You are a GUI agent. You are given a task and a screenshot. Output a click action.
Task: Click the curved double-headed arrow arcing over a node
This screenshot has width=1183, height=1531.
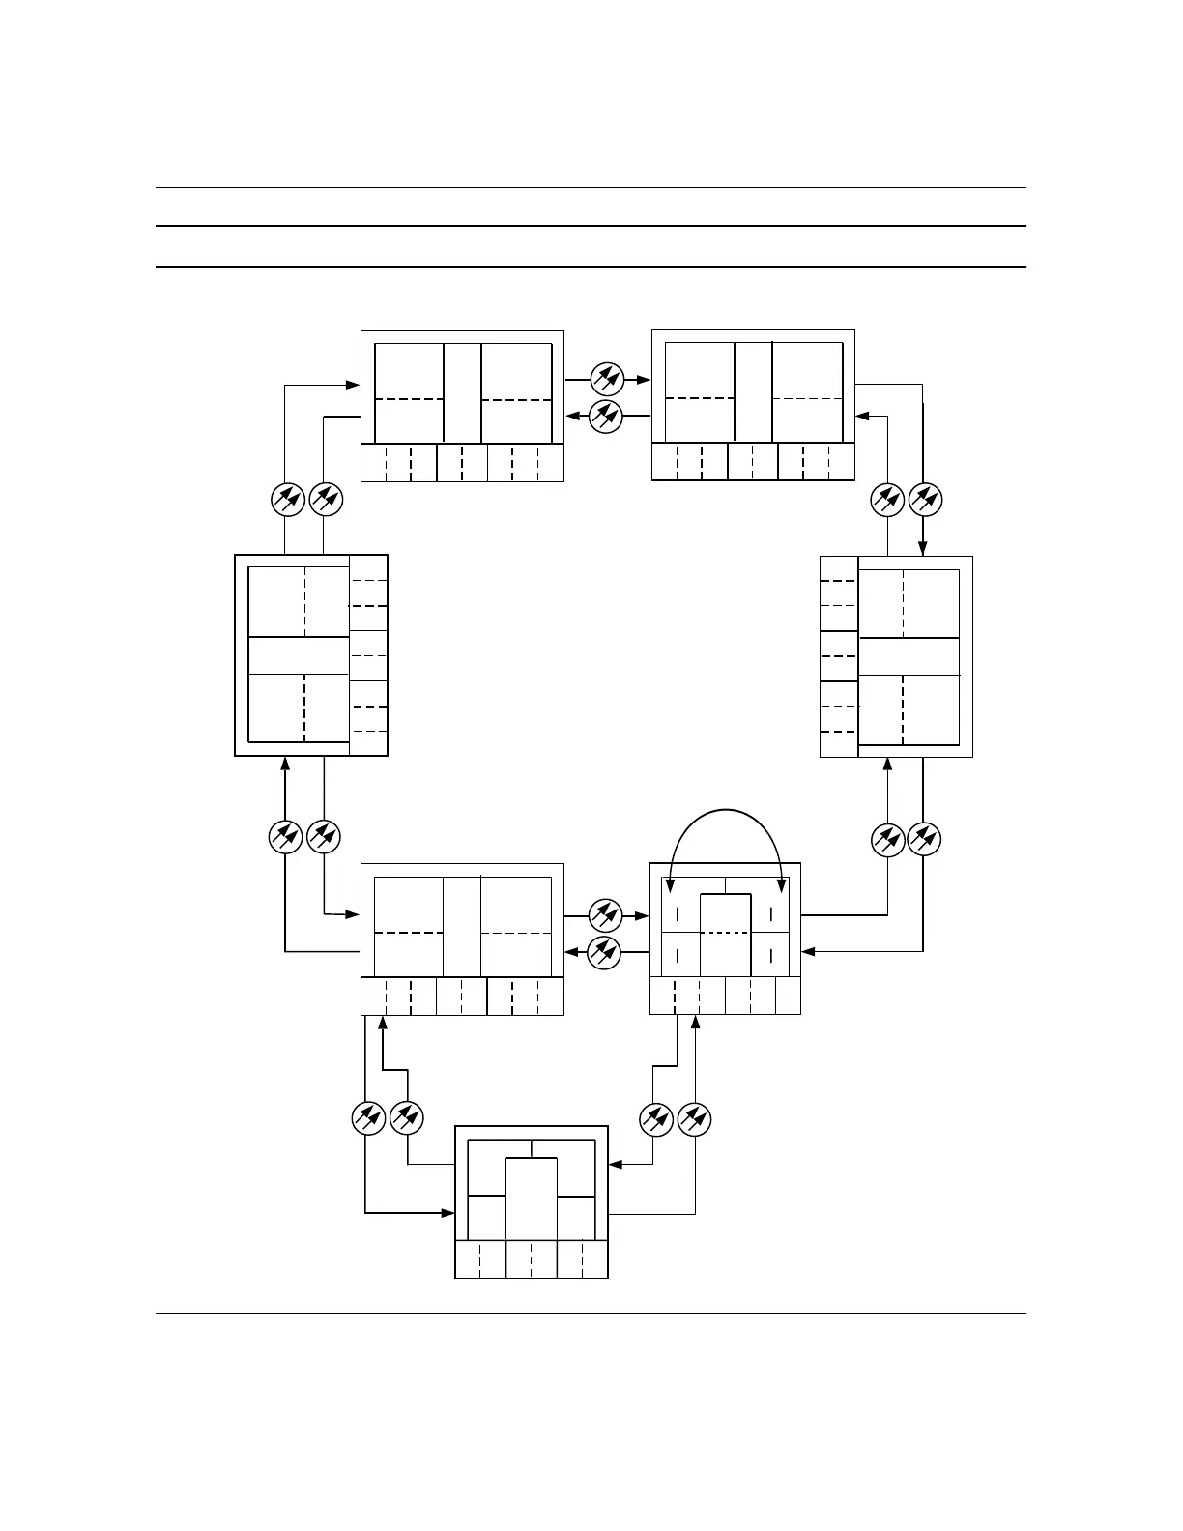(x=726, y=810)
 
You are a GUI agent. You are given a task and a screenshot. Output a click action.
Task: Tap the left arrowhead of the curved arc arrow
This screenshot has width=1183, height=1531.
(x=672, y=884)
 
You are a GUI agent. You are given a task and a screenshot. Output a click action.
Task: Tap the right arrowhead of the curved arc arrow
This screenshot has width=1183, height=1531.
(x=781, y=884)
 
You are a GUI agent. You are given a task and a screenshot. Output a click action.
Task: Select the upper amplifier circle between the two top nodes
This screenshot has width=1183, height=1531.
(x=606, y=379)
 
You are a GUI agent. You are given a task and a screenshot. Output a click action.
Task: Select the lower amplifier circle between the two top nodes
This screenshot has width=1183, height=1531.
(x=606, y=416)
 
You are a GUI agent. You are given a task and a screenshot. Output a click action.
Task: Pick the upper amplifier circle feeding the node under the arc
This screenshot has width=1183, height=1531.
(x=606, y=913)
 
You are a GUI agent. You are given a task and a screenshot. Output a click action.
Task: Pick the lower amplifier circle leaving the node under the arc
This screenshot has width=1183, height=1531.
(x=606, y=951)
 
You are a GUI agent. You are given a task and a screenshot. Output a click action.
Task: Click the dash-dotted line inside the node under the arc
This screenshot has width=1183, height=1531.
(x=725, y=933)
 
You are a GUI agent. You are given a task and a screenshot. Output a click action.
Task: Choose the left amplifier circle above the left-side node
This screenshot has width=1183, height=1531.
(x=286, y=500)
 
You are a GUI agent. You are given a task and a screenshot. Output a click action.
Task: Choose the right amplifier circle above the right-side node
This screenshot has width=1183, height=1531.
(x=924, y=500)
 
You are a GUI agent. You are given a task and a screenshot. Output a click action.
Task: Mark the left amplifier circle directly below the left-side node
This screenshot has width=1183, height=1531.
(x=286, y=837)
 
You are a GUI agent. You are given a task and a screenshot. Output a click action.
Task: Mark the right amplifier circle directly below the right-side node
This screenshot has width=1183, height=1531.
(x=924, y=839)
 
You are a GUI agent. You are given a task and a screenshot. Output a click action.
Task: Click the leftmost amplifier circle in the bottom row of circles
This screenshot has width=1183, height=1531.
(x=367, y=1119)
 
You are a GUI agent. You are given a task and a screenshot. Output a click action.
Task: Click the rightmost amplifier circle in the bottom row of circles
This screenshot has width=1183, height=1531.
(x=694, y=1119)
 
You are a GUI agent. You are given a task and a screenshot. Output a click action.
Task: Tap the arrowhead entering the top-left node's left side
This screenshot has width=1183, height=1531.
(x=355, y=385)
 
